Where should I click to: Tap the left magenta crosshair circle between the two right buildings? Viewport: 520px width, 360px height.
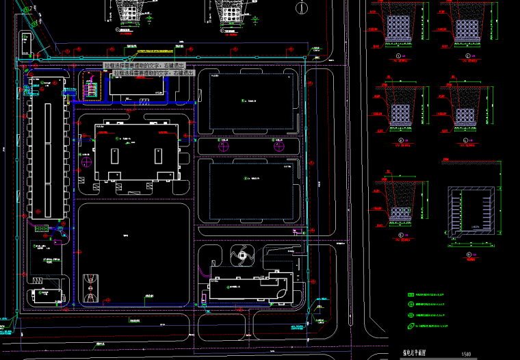[222, 144]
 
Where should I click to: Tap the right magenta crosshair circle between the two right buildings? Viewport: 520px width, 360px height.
[278, 144]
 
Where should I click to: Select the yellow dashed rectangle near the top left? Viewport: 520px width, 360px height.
[90, 88]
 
